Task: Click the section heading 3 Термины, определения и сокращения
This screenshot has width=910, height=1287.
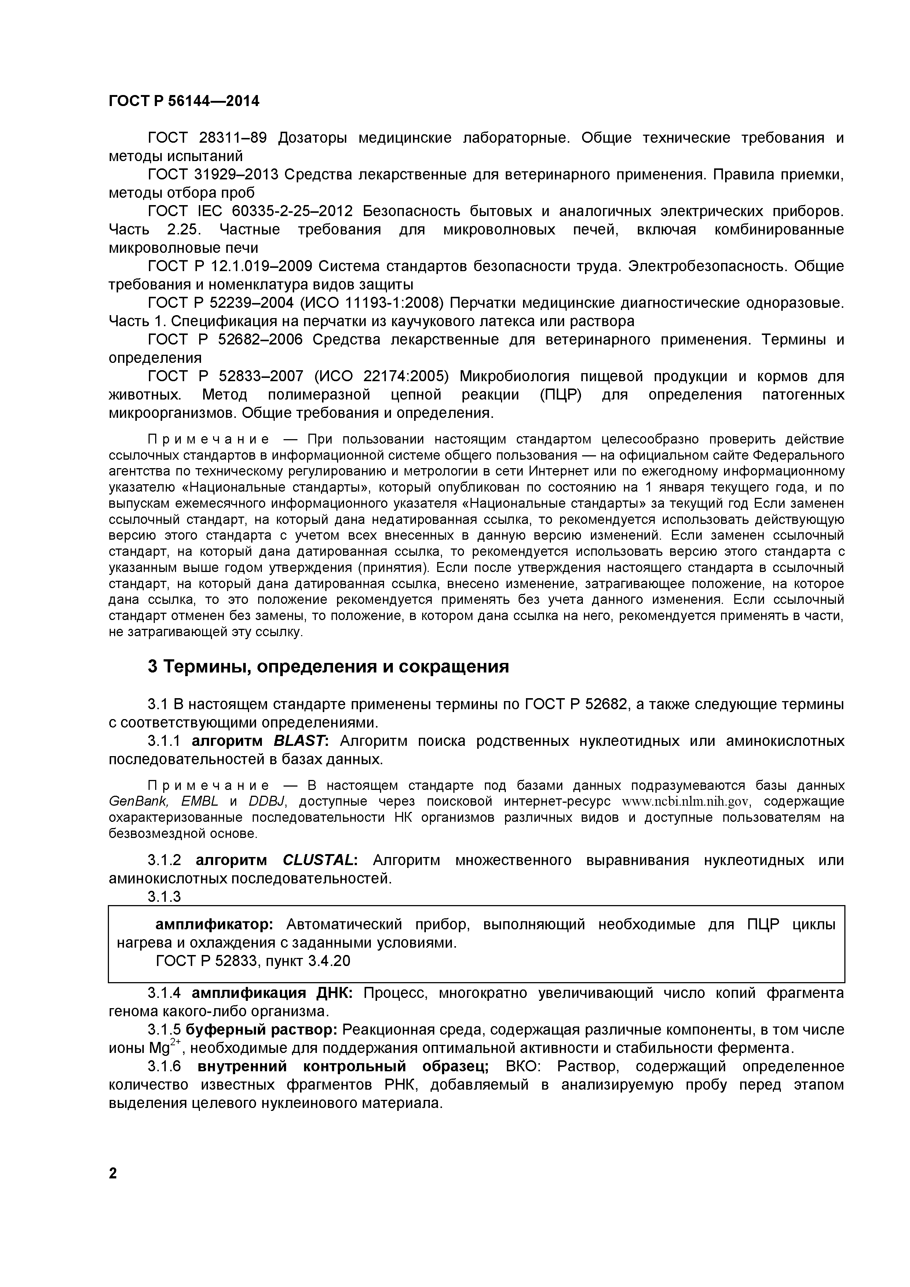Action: pos(328,667)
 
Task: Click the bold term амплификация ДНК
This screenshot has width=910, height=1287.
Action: pos(272,993)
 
